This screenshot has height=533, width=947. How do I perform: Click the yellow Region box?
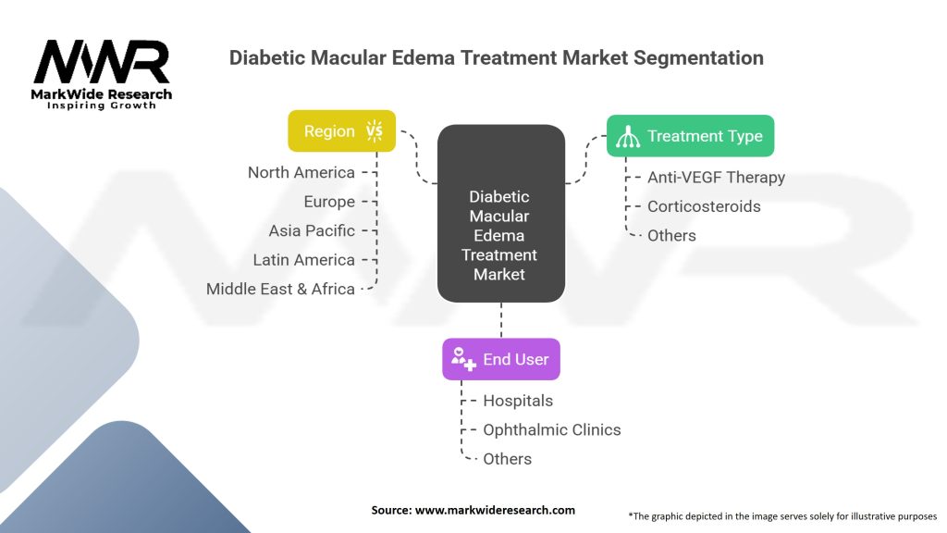342,130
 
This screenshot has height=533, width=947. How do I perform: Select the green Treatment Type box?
690,136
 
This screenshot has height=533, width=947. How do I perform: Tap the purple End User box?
501,359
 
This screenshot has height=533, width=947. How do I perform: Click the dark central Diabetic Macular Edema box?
501,214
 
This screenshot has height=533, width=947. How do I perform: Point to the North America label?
301,173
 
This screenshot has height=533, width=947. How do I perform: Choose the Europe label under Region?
329,202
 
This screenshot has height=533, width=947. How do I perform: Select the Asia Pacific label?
312,230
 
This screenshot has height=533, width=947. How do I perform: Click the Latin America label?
303,260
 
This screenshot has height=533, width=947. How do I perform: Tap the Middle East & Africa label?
280,289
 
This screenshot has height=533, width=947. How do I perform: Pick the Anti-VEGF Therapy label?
717,177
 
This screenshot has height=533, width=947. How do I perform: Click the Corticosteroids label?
704,206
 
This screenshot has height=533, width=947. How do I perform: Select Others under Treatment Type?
671,236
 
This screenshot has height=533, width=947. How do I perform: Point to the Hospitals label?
518,401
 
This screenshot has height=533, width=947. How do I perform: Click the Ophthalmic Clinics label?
552,429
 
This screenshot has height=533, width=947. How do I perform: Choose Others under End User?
508,459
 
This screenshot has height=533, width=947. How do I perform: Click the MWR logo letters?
102,62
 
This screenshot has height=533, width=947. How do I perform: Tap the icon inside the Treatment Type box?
628,137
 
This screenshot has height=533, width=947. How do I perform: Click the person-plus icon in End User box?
464,359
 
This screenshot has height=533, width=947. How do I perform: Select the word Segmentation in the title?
698,58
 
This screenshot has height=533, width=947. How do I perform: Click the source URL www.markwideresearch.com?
496,510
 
